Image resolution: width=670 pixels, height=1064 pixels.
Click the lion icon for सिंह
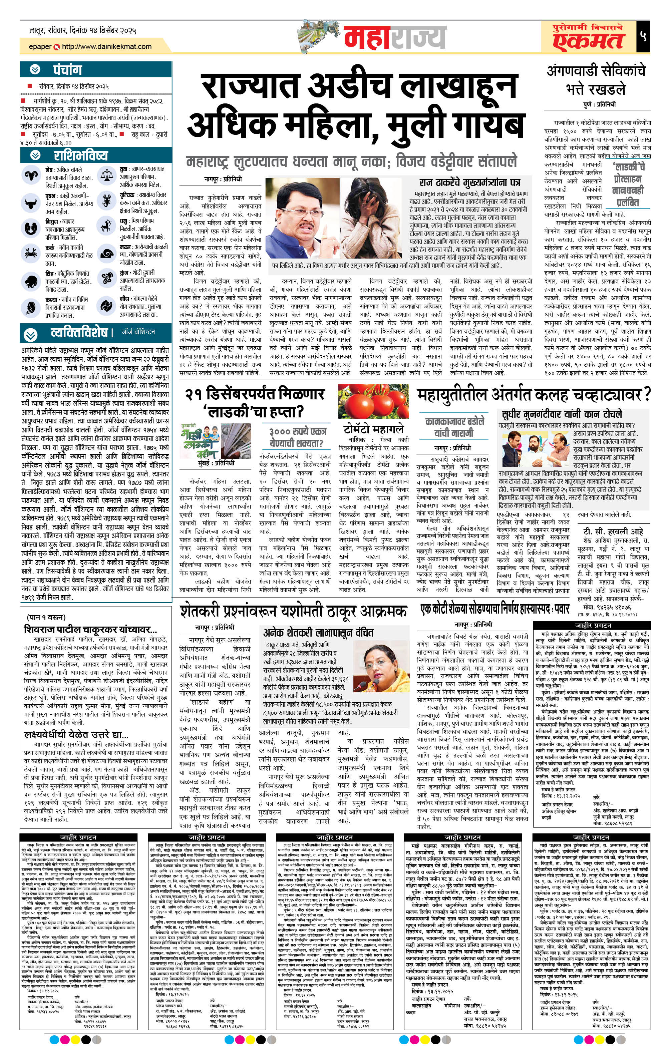coord(30,281)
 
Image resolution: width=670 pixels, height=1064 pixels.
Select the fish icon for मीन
coord(106,305)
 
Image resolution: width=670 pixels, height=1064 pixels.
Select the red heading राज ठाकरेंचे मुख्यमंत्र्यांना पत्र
coord(469,183)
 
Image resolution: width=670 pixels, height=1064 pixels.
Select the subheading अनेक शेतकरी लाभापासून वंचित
coord(318,632)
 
